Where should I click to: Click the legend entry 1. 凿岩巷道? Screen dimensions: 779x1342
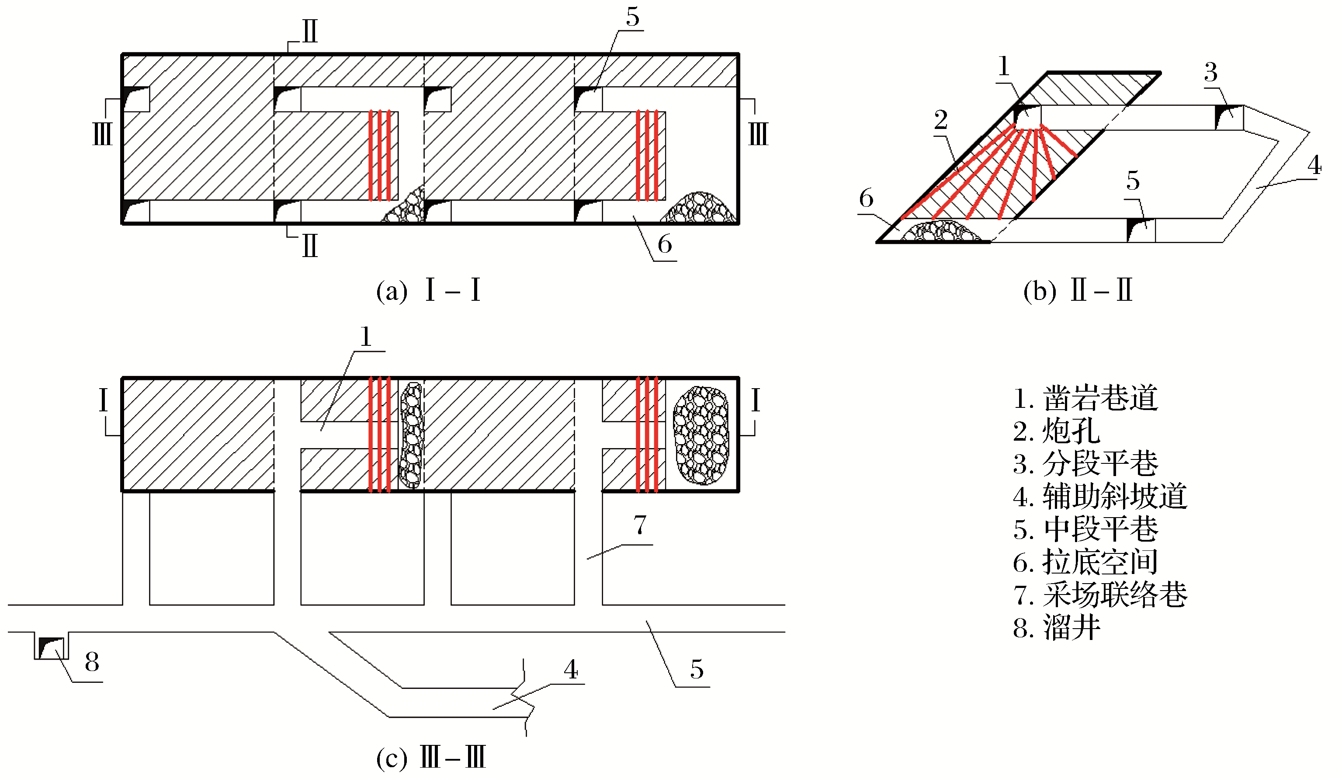[1085, 398]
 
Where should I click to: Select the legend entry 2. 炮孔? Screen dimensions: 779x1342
[1056, 431]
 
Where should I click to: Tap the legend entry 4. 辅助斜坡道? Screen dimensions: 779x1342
[1100, 497]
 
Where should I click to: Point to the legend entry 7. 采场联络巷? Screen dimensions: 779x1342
[1100, 595]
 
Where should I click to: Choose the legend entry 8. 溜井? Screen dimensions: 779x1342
[1056, 628]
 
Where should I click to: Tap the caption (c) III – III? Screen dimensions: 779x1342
[431, 757]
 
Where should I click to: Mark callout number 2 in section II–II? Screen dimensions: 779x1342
[941, 120]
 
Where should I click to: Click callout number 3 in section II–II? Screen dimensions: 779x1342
[1210, 73]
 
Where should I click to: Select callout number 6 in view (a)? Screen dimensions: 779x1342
[665, 244]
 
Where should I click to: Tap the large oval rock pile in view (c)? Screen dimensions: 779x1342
[701, 435]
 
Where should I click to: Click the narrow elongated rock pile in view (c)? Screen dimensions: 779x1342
[411, 435]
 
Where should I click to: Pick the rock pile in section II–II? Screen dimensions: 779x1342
[940, 232]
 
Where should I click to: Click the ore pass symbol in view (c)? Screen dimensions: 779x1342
[51, 647]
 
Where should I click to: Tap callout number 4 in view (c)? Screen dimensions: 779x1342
[571, 670]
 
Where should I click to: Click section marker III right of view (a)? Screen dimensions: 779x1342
[758, 133]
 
